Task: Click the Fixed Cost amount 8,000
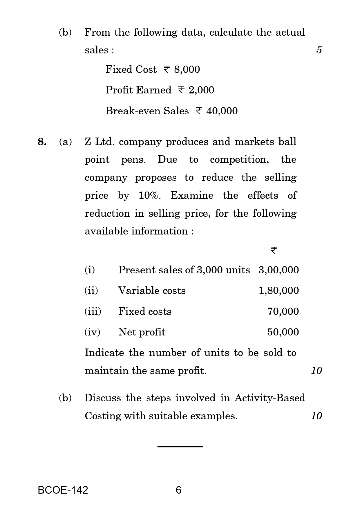tap(187, 69)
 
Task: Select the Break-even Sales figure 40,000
tap(222, 111)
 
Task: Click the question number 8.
tap(42, 142)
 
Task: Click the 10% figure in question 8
tap(149, 195)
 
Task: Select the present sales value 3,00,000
tap(278, 270)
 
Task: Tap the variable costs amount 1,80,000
tap(278, 290)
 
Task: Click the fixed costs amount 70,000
tap(283, 311)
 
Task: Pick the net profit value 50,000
tap(283, 332)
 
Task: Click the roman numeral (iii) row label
tap(93, 311)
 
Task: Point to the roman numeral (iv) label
tap(92, 332)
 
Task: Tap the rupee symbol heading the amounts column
tap(274, 250)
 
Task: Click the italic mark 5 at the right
tap(319, 50)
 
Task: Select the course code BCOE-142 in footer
tap(63, 490)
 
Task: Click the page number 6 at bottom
tap(178, 490)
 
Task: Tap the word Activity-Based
tap(269, 398)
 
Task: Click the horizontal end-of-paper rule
tap(180, 447)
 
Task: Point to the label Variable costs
tap(152, 290)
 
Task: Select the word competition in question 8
tap(239, 160)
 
